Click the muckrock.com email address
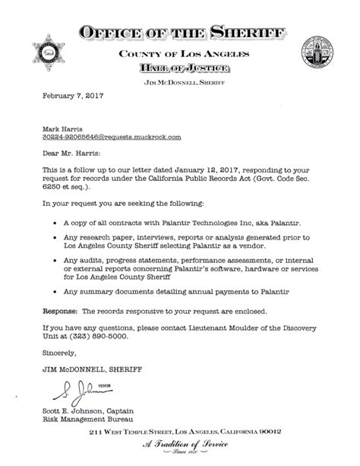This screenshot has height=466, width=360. click(x=101, y=138)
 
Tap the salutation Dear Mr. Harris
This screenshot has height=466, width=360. click(x=70, y=153)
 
